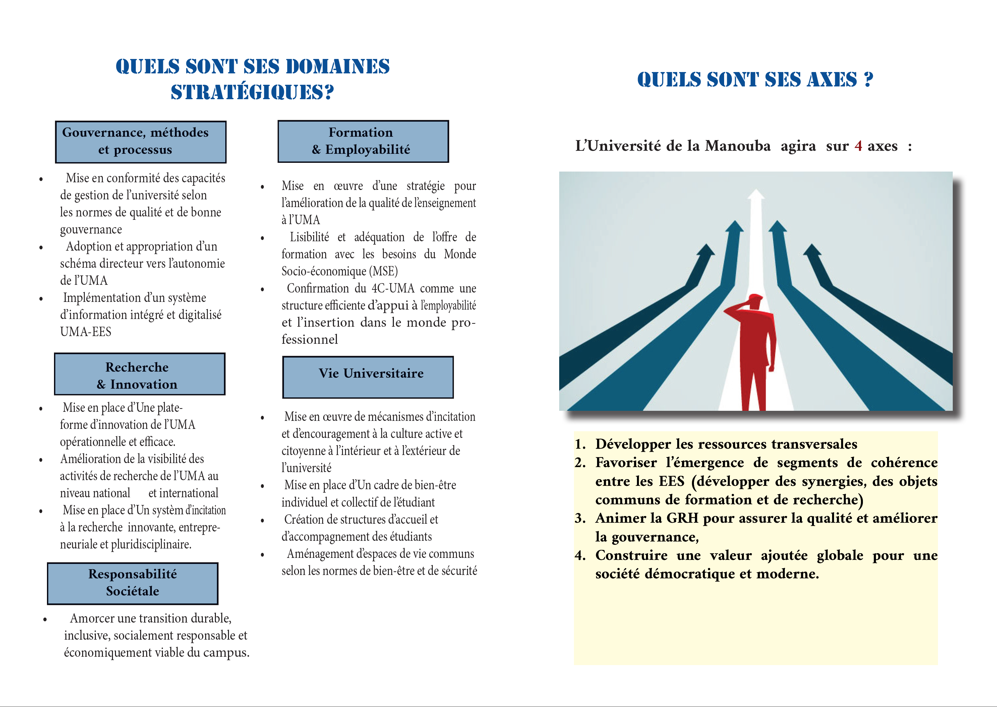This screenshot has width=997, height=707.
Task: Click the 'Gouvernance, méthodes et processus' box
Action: [x=141, y=142]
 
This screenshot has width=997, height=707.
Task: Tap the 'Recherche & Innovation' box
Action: [x=139, y=374]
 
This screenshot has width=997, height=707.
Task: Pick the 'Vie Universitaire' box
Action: [x=368, y=377]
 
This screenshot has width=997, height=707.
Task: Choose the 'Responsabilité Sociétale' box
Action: [x=132, y=583]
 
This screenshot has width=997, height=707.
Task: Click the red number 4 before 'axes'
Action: [x=858, y=146]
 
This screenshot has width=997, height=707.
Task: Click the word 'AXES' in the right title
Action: [x=832, y=80]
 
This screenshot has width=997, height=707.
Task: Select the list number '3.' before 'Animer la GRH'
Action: [x=580, y=518]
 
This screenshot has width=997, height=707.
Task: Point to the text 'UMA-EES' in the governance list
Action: [x=86, y=332]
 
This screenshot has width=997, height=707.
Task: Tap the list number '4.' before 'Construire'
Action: [x=580, y=556]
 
